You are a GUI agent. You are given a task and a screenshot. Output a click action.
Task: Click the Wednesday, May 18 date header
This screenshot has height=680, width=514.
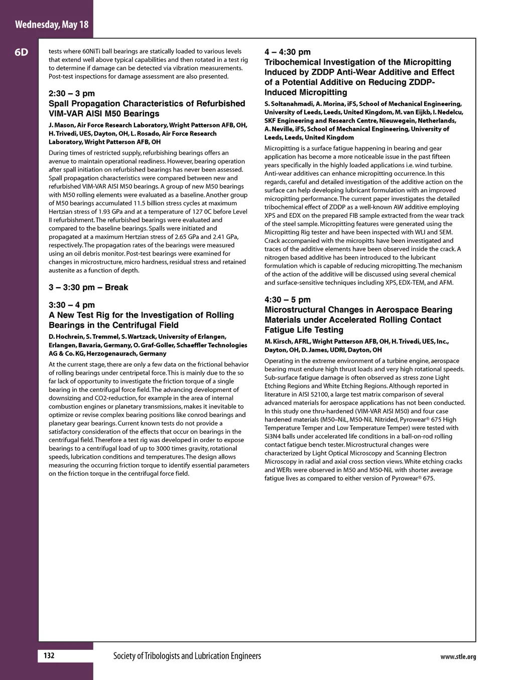pyautogui.click(x=52, y=24)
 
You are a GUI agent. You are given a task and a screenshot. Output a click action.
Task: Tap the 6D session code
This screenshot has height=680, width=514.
pyautogui.click(x=22, y=52)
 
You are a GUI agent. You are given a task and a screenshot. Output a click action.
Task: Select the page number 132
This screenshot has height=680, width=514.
pyautogui.click(x=49, y=656)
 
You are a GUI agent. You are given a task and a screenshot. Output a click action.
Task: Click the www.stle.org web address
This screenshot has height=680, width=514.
pyautogui.click(x=458, y=657)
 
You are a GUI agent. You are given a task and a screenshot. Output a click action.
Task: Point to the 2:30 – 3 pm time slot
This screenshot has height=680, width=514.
pyautogui.click(x=72, y=93)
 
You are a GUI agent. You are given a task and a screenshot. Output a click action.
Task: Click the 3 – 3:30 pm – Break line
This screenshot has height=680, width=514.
pyautogui.click(x=88, y=288)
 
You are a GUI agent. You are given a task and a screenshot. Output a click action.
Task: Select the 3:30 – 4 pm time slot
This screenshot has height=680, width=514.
pyautogui.click(x=72, y=305)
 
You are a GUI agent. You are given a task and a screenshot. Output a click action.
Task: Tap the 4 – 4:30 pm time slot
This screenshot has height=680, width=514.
pyautogui.click(x=288, y=52)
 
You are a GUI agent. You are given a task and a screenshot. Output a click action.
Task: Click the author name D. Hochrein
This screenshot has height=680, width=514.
pyautogui.click(x=65, y=337)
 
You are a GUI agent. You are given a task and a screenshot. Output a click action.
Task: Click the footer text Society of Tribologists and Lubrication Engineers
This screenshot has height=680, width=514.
pyautogui.click(x=187, y=656)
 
